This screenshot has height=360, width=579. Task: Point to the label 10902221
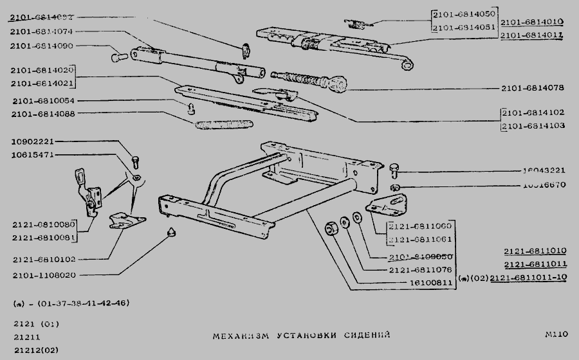pyautogui.click(x=33, y=142)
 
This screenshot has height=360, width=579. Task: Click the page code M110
pyautogui.click(x=555, y=334)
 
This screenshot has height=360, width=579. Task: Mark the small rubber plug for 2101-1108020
pyautogui.click(x=170, y=232)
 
